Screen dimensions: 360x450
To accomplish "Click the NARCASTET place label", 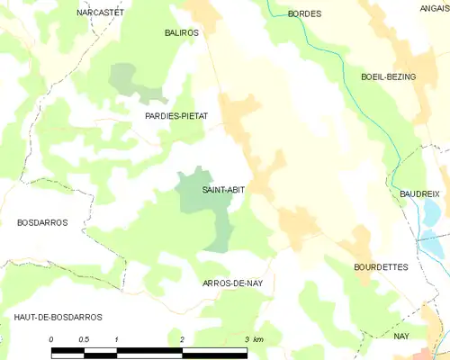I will pyautogui.click(x=100, y=13).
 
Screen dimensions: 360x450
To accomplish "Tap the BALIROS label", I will pyautogui.click(x=182, y=32).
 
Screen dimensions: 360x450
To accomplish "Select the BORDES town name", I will pyautogui.click(x=304, y=14).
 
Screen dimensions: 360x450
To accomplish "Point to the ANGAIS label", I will pyautogui.click(x=435, y=8).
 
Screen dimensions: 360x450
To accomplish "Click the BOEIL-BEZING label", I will pyautogui.click(x=388, y=77).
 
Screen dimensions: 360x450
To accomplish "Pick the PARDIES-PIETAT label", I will pyautogui.click(x=176, y=117).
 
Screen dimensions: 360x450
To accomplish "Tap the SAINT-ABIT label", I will pyautogui.click(x=224, y=190).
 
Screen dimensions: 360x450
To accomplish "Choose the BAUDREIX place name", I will pyautogui.click(x=419, y=193).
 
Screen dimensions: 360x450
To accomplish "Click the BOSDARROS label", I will pyautogui.click(x=42, y=222).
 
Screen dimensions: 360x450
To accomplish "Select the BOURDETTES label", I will pyautogui.click(x=381, y=267).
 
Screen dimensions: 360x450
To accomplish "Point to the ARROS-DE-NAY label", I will pyautogui.click(x=232, y=283).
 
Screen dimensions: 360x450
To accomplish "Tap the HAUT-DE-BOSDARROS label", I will pyautogui.click(x=58, y=317).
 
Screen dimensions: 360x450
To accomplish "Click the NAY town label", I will pyautogui.click(x=401, y=336).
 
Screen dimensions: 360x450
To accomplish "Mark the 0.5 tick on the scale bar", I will pyautogui.click(x=84, y=338).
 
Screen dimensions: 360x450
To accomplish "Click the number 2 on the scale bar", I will pyautogui.click(x=183, y=338).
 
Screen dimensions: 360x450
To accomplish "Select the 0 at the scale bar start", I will pyautogui.click(x=52, y=338).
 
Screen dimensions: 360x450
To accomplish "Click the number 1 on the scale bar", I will pyautogui.click(x=117, y=338).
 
